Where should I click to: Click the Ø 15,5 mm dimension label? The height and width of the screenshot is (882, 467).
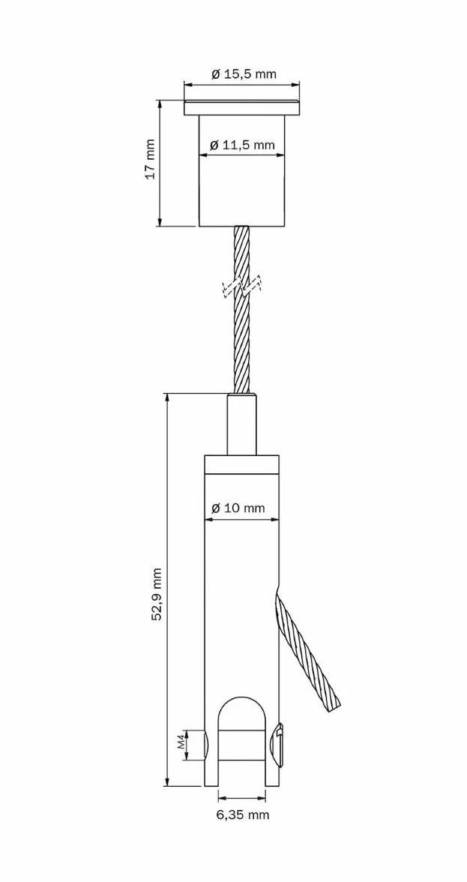(x=244, y=74)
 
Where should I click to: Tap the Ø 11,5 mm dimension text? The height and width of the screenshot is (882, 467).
(x=242, y=145)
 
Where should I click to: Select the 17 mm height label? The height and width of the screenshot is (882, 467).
(x=150, y=159)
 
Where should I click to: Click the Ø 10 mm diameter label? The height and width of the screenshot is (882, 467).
(x=238, y=508)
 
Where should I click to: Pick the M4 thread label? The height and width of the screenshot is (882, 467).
(x=181, y=744)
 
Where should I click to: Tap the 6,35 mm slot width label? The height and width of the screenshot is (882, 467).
(x=243, y=814)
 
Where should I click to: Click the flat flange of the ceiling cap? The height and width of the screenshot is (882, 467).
(x=241, y=108)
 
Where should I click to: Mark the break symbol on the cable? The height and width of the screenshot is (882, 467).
(x=242, y=287)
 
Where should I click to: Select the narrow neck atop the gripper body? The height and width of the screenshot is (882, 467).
(x=241, y=424)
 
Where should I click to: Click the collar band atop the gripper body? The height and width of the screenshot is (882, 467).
(x=241, y=465)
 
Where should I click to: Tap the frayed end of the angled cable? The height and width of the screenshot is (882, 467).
(x=334, y=703)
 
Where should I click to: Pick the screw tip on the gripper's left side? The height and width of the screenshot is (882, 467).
(x=205, y=745)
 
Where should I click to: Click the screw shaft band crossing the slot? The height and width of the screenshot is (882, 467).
(x=241, y=745)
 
